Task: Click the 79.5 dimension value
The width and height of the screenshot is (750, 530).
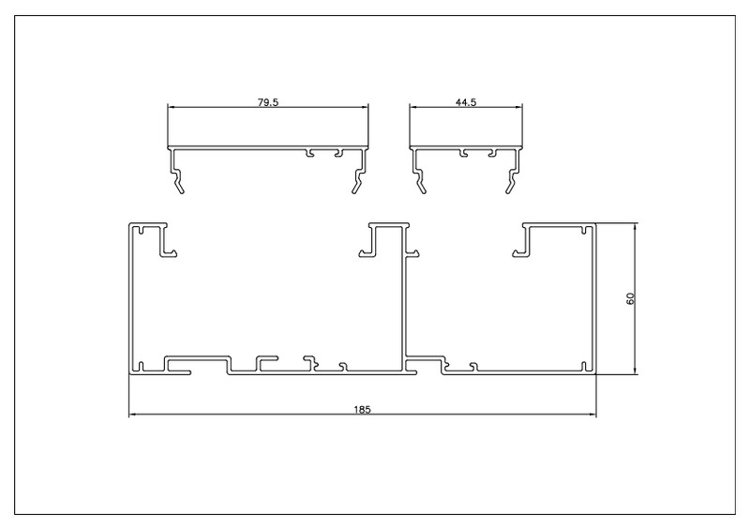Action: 268,102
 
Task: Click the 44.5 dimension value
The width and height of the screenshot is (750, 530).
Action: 466,102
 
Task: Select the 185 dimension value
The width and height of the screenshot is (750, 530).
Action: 362,409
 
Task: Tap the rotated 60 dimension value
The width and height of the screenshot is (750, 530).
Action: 630,298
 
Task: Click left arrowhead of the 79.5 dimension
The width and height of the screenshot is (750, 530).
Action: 171,107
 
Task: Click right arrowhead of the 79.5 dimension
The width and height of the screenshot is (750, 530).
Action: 365,107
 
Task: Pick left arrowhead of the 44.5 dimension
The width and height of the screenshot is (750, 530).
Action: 412,107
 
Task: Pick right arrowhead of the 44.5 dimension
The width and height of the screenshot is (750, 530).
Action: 519,107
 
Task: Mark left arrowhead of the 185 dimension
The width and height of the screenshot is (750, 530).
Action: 132,414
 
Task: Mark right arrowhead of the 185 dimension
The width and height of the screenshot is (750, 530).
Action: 592,414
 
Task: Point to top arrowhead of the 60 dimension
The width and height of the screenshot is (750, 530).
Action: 636,226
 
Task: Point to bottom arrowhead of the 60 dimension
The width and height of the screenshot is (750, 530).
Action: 636,371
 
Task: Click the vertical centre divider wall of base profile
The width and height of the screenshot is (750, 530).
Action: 403,296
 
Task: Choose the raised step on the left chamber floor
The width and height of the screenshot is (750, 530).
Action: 197,357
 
